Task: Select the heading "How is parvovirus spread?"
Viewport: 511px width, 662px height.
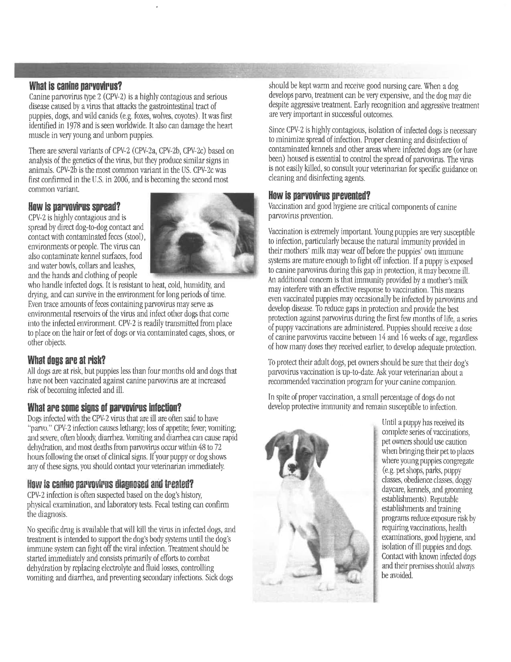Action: tap(74, 207)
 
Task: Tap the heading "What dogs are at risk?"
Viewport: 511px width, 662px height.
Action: tap(67, 360)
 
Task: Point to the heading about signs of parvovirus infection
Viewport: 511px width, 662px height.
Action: tap(104, 407)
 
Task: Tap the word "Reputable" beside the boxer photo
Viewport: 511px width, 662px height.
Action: tap(444, 499)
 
